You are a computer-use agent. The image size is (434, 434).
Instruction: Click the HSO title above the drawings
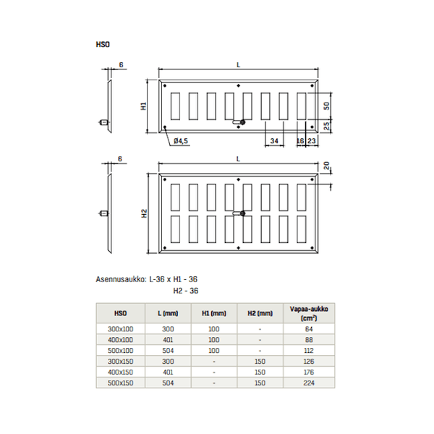[x=103, y=44]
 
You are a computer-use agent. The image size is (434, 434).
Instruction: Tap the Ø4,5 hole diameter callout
[x=181, y=141]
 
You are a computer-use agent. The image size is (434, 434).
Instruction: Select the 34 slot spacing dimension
[x=274, y=141]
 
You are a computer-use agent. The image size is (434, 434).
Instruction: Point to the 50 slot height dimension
[x=327, y=106]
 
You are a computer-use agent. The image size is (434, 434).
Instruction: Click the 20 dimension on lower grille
[x=327, y=166]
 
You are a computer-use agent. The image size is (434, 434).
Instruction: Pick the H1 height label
[x=144, y=106]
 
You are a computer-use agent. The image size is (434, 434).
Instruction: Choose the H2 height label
[x=144, y=213]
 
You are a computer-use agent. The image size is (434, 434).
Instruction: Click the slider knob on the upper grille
[x=243, y=122]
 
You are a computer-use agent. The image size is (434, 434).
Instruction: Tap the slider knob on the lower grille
[x=243, y=213]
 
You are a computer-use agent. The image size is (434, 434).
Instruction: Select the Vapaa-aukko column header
[x=309, y=313]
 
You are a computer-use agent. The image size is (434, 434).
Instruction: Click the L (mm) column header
[x=168, y=313]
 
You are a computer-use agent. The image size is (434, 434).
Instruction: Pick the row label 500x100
[x=120, y=351]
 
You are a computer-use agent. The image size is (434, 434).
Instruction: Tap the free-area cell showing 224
[x=309, y=383]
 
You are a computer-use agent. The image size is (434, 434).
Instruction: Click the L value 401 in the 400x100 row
[x=168, y=340]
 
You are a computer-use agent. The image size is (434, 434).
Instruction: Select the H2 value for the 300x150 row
[x=260, y=362]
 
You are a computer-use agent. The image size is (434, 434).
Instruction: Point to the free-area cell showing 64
[x=309, y=329]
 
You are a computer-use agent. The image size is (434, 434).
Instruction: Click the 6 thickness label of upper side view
[x=122, y=65]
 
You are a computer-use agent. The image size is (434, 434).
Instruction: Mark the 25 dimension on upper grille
[x=327, y=126]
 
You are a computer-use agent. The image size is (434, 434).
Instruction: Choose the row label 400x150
[x=120, y=373]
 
